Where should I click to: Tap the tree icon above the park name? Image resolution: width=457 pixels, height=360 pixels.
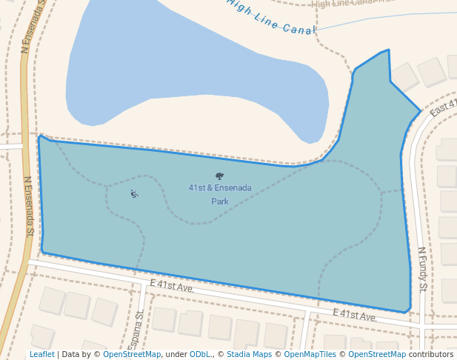pyautogui.click(x=219, y=176)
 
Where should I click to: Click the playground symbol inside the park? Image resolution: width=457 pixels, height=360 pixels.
pyautogui.click(x=134, y=194)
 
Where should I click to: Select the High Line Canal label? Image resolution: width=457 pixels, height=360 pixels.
pyautogui.click(x=271, y=17)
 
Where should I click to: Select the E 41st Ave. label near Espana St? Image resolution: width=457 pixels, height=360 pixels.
pyautogui.click(x=171, y=286)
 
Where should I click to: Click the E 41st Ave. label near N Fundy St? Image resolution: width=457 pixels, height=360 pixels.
pyautogui.click(x=355, y=316)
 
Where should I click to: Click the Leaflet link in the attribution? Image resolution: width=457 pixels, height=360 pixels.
pyautogui.click(x=41, y=354)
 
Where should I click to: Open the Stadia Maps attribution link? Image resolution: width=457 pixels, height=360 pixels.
pyautogui.click(x=249, y=354)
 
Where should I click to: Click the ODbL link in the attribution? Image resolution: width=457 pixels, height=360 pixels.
pyautogui.click(x=200, y=354)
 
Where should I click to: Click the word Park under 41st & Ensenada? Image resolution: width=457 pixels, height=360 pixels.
pyautogui.click(x=219, y=201)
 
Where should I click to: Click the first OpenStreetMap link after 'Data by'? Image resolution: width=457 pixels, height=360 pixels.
pyautogui.click(x=132, y=354)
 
